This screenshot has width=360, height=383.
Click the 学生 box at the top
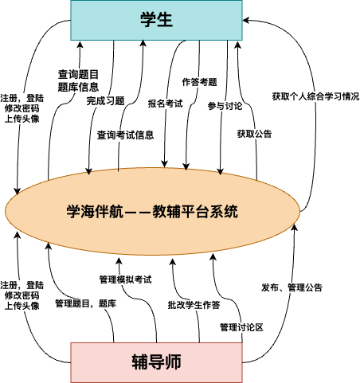(x=156, y=20)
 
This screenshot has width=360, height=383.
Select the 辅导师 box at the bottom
(x=156, y=362)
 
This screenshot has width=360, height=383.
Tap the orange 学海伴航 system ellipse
(x=152, y=211)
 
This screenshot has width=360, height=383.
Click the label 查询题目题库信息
(x=78, y=80)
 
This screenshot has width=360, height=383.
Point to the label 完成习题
(x=105, y=101)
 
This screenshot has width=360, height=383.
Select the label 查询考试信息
(x=125, y=135)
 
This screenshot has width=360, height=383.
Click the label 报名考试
(x=165, y=104)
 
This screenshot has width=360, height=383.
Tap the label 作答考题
(x=199, y=82)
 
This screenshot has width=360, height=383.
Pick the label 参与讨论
(x=225, y=106)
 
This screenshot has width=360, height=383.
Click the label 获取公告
(x=254, y=134)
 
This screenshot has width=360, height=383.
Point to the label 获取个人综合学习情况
(x=315, y=96)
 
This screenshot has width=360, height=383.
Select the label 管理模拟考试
(x=125, y=279)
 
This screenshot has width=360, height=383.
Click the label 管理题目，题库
(x=85, y=303)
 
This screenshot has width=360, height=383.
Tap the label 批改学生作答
(x=194, y=305)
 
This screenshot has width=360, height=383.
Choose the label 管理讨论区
(x=241, y=327)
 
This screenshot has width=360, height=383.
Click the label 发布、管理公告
(x=292, y=287)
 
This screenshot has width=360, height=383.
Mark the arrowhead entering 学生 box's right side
(x=245, y=20)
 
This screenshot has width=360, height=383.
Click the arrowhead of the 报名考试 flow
(x=164, y=165)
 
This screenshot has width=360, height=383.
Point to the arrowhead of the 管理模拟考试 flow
(x=119, y=260)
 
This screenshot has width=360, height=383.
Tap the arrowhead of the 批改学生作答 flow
(x=173, y=262)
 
